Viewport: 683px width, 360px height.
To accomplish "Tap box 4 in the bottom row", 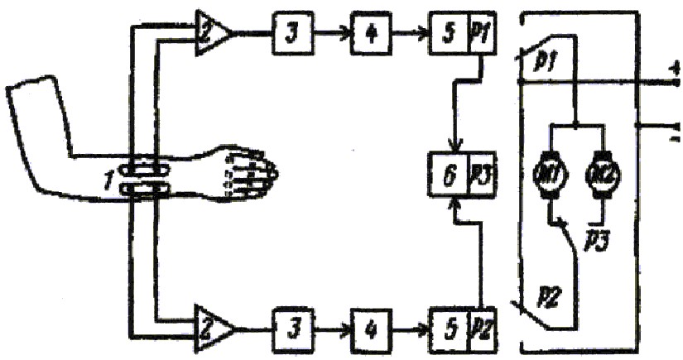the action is tap(368, 323).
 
